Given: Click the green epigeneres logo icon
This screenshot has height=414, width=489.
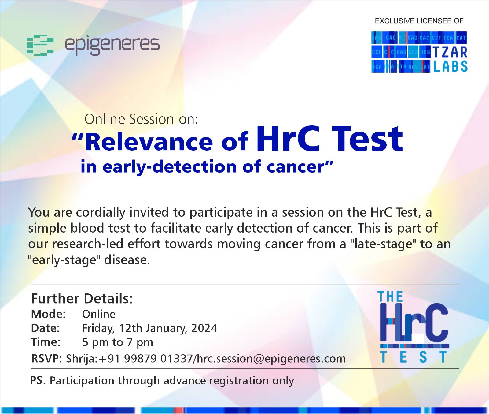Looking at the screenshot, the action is coord(40,45).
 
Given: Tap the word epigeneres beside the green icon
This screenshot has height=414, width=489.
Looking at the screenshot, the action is coord(112,45).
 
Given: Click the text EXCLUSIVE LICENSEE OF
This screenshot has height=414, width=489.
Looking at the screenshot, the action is coord(419,21).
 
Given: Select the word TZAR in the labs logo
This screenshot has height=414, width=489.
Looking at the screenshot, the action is coord(450,52).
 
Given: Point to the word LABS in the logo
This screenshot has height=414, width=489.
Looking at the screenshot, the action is coord(450,66).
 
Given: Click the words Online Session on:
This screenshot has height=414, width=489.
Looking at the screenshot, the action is coord(141,119).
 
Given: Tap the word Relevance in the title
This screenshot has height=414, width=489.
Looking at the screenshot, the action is coord(149,142).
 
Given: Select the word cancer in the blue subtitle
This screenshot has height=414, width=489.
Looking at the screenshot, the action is coord(295,167).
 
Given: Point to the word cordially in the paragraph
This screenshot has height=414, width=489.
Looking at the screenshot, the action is coord(101,212).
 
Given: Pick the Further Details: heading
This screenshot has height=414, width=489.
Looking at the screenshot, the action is coord(82,298).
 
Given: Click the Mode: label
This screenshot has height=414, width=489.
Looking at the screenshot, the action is coord(48,314).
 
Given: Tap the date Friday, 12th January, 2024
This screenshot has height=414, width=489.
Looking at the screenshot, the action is coord(150,328).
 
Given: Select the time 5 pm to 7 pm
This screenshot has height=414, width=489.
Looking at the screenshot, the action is coord(118,342).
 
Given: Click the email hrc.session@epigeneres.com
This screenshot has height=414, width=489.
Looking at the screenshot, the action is coord(271,359).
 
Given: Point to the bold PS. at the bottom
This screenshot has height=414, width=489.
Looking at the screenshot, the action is coord(38,380).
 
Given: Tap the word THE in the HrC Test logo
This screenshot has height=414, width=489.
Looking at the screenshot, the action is coord(390,297).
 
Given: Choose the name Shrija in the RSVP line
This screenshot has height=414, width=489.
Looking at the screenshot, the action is coord(81,359).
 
